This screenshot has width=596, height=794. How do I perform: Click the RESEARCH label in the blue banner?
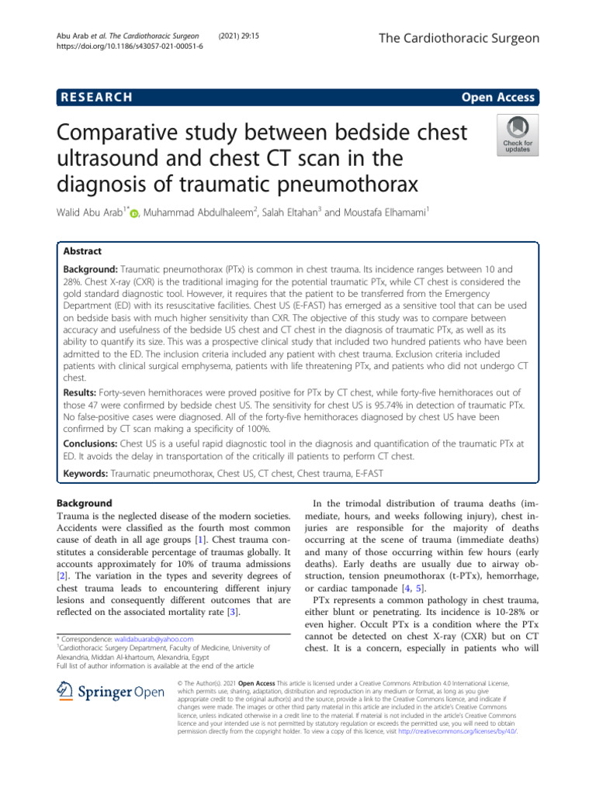coord(94,97)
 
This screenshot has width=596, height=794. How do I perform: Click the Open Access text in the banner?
coord(498,97)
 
